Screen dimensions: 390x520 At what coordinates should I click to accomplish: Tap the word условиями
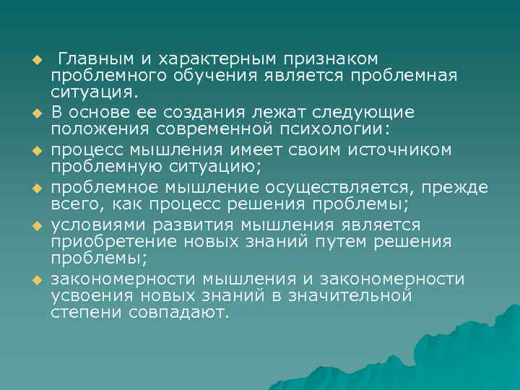[100, 224]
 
